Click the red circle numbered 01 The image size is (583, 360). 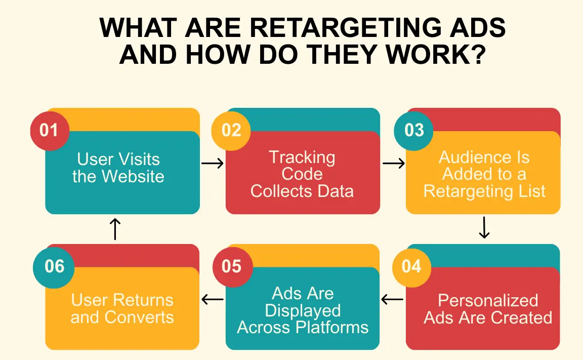pos(49,130)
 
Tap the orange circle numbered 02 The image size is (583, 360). pos(231,130)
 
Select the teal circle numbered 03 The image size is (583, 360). pos(414,130)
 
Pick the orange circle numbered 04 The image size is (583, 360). pos(411,266)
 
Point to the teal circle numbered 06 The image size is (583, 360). pos(54,266)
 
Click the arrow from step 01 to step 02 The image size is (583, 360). pos(213,163)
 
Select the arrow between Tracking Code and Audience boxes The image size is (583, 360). pos(393,163)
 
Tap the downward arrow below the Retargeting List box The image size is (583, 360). pos(484,228)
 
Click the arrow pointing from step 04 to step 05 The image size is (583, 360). pos(392,300)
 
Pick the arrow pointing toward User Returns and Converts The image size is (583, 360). pos(213,300)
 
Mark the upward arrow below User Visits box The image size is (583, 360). pos(115,229)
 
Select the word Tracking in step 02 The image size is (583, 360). pos(302,157)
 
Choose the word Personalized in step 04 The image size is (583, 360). pos(488,300)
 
